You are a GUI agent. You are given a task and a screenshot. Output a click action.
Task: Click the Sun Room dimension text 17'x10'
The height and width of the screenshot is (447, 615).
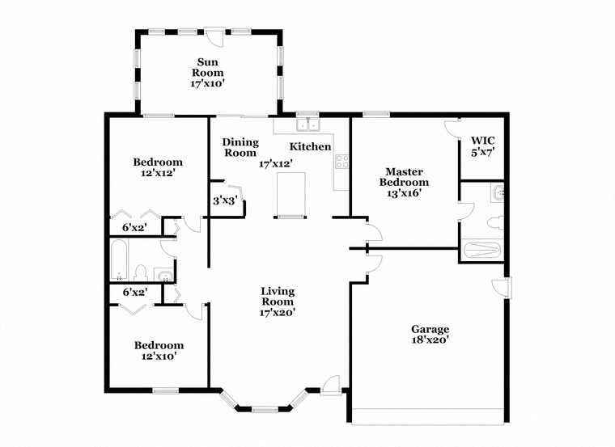point(208,82)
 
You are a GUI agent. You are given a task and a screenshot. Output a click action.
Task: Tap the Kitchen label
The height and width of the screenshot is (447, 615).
point(311,146)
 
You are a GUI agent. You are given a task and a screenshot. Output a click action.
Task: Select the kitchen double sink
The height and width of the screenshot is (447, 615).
point(307,124)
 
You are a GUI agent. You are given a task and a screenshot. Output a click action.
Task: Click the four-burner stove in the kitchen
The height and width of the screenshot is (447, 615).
point(341,161)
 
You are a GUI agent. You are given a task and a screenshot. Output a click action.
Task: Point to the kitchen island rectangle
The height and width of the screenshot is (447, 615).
point(291,195)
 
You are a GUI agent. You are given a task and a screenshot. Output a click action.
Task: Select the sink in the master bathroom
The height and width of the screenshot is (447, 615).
point(497,192)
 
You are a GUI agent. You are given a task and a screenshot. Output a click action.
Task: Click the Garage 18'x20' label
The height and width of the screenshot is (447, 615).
point(430,335)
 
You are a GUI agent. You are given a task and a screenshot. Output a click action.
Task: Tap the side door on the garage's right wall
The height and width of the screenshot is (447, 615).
point(505,288)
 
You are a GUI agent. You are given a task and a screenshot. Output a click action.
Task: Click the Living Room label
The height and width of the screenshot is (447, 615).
point(277,301)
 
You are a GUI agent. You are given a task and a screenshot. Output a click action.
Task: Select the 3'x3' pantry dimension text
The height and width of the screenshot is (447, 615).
point(224,200)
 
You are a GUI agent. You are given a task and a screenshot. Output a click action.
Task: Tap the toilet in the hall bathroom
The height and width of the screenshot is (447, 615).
point(140,272)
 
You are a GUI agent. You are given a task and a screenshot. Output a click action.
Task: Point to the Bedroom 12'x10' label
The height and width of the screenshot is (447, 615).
point(159,350)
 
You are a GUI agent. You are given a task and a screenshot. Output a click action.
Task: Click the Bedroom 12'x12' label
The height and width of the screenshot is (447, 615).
point(158,167)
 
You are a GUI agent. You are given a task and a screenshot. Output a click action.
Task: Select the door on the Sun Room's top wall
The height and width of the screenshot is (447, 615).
point(213,36)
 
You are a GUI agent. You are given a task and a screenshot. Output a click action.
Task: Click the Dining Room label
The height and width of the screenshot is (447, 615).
point(240,147)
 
